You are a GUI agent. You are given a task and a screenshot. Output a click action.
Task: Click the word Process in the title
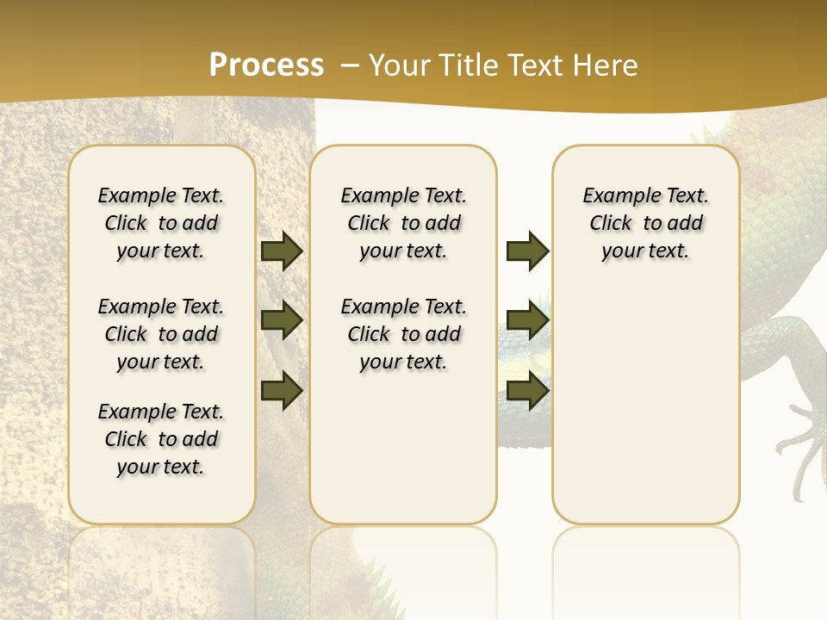click(266, 65)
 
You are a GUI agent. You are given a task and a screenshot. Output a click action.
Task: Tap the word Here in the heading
click(607, 65)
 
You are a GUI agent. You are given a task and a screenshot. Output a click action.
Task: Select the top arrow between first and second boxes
click(282, 251)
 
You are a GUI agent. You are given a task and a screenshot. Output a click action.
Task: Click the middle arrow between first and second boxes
click(282, 320)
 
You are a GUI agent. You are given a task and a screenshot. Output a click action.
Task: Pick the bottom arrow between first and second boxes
click(282, 390)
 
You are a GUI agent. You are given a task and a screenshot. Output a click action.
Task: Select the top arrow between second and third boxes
click(527, 251)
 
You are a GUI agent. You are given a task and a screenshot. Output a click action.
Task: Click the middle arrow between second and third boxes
click(527, 320)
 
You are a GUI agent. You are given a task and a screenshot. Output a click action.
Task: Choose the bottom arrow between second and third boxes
click(527, 390)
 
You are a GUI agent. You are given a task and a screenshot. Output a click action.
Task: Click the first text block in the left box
click(161, 223)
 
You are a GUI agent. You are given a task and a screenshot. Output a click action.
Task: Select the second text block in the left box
click(161, 334)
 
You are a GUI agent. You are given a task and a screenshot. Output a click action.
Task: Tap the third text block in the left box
click(161, 439)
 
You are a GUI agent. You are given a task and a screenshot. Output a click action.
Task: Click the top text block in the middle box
click(404, 223)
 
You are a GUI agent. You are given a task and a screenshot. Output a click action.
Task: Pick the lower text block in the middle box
click(404, 334)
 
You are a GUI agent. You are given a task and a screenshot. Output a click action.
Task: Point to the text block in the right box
click(646, 223)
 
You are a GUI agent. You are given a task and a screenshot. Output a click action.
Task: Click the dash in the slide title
click(350, 65)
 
